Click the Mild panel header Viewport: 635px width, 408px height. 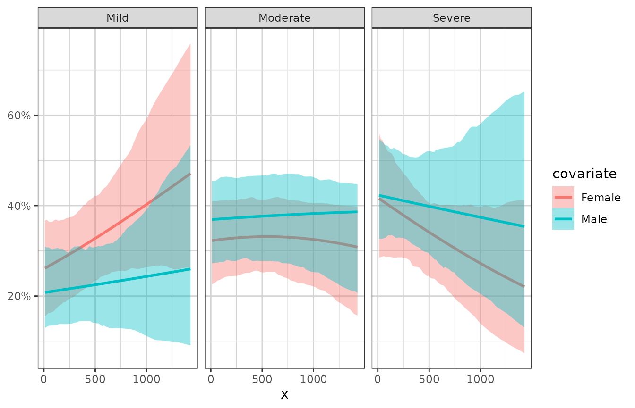[118, 18]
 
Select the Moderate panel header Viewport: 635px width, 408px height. [284, 18]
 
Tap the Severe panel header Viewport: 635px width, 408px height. [451, 18]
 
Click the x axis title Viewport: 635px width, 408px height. [284, 395]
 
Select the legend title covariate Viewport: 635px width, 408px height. [584, 174]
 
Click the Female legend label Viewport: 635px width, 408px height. [601, 197]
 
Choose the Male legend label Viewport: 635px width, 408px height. [594, 219]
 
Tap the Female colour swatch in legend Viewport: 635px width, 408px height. [563, 197]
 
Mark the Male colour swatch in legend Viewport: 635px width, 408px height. [563, 219]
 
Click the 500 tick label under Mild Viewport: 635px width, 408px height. [95, 379]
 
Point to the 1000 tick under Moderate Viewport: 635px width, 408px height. [313, 379]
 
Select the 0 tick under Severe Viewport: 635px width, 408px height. [378, 379]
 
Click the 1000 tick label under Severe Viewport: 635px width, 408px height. [480, 379]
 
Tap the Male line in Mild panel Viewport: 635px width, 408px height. [118, 281]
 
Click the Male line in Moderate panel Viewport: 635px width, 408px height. [283, 216]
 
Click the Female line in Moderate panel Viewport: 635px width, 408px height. [283, 236]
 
